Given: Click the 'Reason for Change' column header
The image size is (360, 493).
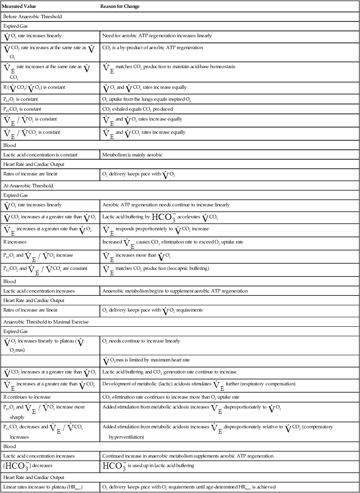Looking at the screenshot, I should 120,7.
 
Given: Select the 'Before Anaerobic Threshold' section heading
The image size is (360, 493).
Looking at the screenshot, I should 33,17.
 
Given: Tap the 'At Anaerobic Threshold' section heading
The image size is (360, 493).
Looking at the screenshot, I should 28,186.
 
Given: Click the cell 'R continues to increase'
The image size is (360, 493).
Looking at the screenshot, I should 27,397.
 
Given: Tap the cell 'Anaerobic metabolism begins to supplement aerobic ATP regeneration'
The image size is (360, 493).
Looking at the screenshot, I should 175,291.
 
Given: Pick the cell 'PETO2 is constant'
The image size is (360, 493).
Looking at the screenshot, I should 21,99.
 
